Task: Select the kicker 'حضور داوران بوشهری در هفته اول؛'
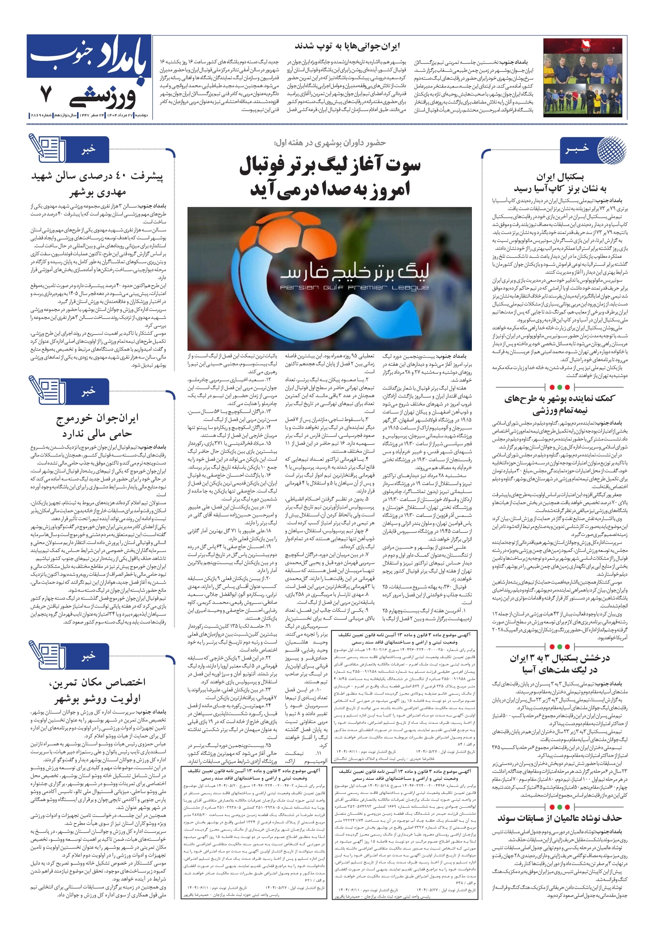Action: click(330, 142)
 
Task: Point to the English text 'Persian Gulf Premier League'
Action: click(354, 288)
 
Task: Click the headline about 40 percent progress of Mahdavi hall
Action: click(97, 184)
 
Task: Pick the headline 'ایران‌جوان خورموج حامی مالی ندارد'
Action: click(97, 426)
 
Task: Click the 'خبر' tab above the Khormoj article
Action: click(88, 391)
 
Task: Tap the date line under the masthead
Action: click(88, 116)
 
